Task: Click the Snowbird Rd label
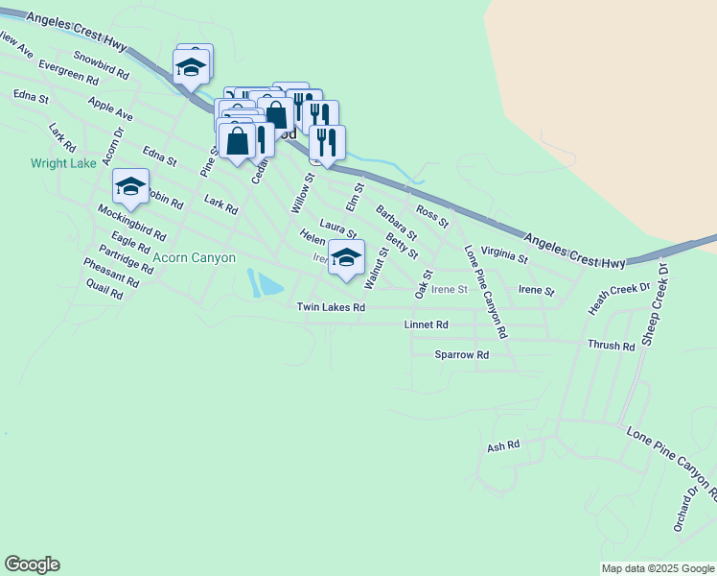pyautogui.click(x=101, y=65)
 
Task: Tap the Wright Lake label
pyautogui.click(x=63, y=163)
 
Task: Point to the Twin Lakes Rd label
pyautogui.click(x=331, y=308)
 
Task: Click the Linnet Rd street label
pyautogui.click(x=427, y=325)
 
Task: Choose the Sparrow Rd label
pyautogui.click(x=462, y=354)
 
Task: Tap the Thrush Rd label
pyautogui.click(x=611, y=346)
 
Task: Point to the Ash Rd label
pyautogui.click(x=503, y=446)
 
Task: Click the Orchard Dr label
pyautogui.click(x=684, y=507)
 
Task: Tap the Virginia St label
pyautogui.click(x=504, y=254)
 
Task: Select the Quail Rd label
pyautogui.click(x=104, y=290)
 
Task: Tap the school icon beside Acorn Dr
pyautogui.click(x=129, y=185)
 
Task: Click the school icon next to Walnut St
pyautogui.click(x=346, y=256)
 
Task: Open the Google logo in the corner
pyautogui.click(x=32, y=564)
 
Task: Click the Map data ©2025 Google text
pyautogui.click(x=657, y=568)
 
